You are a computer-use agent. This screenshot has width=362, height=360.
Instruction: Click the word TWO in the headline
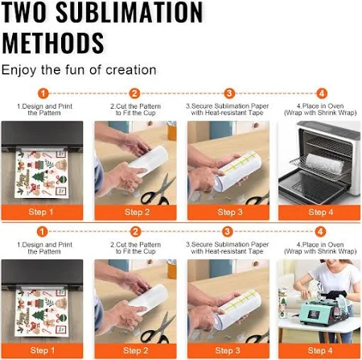point(25,12)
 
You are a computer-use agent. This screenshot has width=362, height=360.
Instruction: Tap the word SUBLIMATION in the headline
point(130,12)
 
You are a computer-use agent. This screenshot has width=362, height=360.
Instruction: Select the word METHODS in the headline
point(53,43)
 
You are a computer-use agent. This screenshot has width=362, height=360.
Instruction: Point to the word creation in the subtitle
point(131,70)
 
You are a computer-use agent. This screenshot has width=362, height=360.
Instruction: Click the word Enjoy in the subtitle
point(19,71)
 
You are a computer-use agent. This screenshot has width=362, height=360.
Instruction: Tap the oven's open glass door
point(311,185)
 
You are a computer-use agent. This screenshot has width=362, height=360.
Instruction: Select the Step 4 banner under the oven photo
point(319,212)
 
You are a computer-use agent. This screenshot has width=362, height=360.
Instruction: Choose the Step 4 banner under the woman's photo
point(319,350)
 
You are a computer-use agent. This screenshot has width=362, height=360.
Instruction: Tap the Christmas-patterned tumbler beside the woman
point(283,303)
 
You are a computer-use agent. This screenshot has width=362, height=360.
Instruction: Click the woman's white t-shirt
point(331,279)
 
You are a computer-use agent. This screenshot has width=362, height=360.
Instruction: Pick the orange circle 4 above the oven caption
point(322,93)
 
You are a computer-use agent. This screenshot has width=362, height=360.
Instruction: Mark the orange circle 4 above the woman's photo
point(320,231)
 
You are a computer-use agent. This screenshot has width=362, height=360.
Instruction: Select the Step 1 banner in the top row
point(42,212)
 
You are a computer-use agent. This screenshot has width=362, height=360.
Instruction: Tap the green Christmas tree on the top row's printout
point(39,176)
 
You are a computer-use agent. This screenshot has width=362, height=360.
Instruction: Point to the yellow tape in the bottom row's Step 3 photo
point(239,300)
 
